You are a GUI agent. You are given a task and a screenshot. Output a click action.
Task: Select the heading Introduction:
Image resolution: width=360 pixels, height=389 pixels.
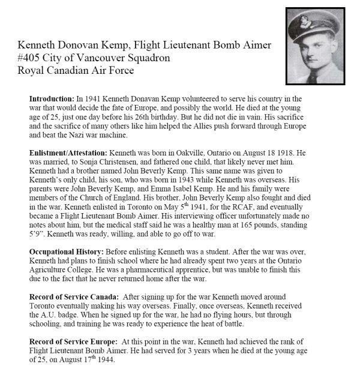coord(50,98)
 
